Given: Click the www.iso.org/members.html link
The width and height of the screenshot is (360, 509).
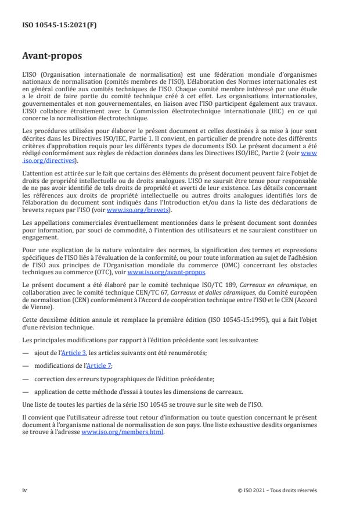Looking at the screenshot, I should click(123, 432).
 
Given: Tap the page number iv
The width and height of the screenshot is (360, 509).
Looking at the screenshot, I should click(25, 490).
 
